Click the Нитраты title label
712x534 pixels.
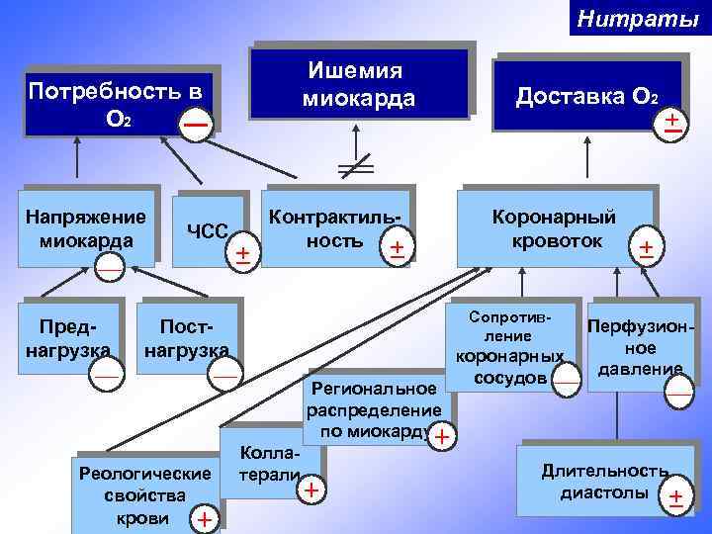[x=638, y=17]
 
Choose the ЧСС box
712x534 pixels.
[x=209, y=230]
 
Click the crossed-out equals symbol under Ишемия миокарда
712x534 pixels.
[x=355, y=167]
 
